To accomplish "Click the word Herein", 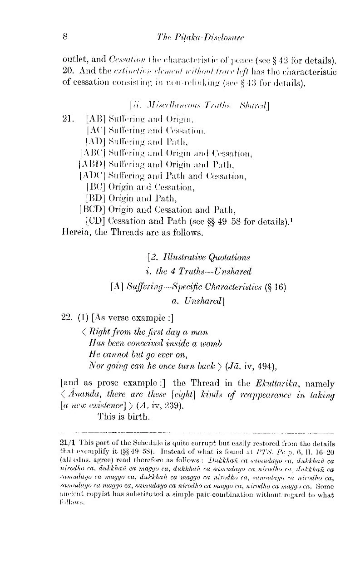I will (74, 246).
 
